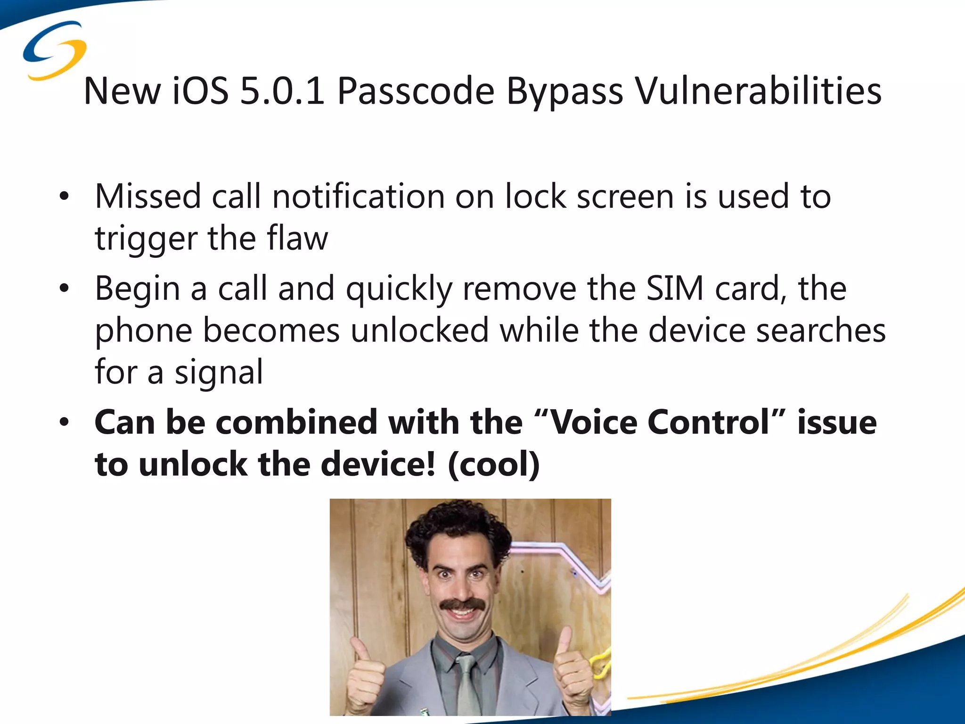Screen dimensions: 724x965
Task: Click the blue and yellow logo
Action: point(55,50)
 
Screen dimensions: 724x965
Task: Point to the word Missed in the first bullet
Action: point(148,196)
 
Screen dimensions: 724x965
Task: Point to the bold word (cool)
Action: point(493,464)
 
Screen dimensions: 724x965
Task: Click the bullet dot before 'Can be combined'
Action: point(65,422)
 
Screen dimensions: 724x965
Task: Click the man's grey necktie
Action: point(466,683)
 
